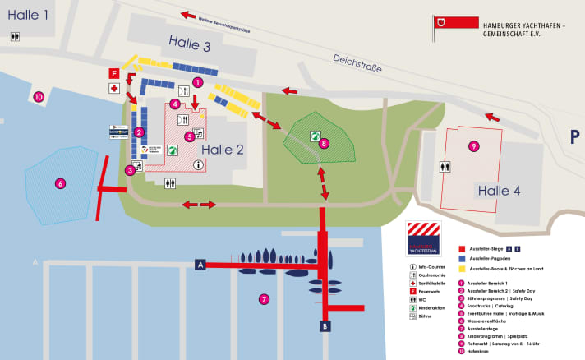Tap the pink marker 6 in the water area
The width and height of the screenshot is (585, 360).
pyautogui.click(x=60, y=183)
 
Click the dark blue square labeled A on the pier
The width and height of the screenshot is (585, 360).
pyautogui.click(x=200, y=264)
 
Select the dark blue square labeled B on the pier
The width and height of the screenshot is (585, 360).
pyautogui.click(x=325, y=326)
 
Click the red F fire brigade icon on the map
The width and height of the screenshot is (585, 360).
pyautogui.click(x=114, y=73)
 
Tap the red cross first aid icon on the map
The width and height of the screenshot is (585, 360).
pyautogui.click(x=114, y=88)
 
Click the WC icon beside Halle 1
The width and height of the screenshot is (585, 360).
pyautogui.click(x=15, y=37)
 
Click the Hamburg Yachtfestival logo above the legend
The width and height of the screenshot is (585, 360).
pyautogui.click(x=423, y=238)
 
